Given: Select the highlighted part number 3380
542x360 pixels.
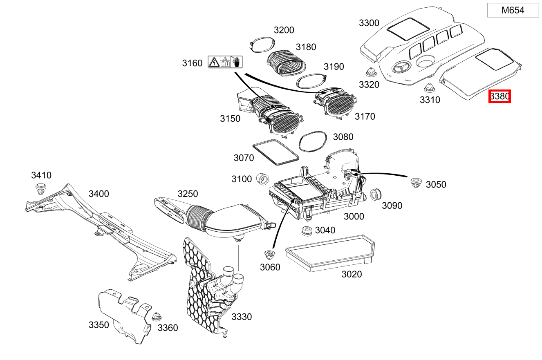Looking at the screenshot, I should [499, 96].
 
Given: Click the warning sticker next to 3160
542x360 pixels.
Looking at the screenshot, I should [225, 62].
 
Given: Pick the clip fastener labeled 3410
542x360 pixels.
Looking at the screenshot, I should [40, 189].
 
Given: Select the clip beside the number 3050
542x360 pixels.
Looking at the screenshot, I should [416, 183].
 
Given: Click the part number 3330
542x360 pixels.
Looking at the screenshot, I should [242, 317].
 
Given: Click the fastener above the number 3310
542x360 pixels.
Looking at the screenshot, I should [428, 87].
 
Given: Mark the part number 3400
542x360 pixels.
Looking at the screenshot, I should [99, 194].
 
